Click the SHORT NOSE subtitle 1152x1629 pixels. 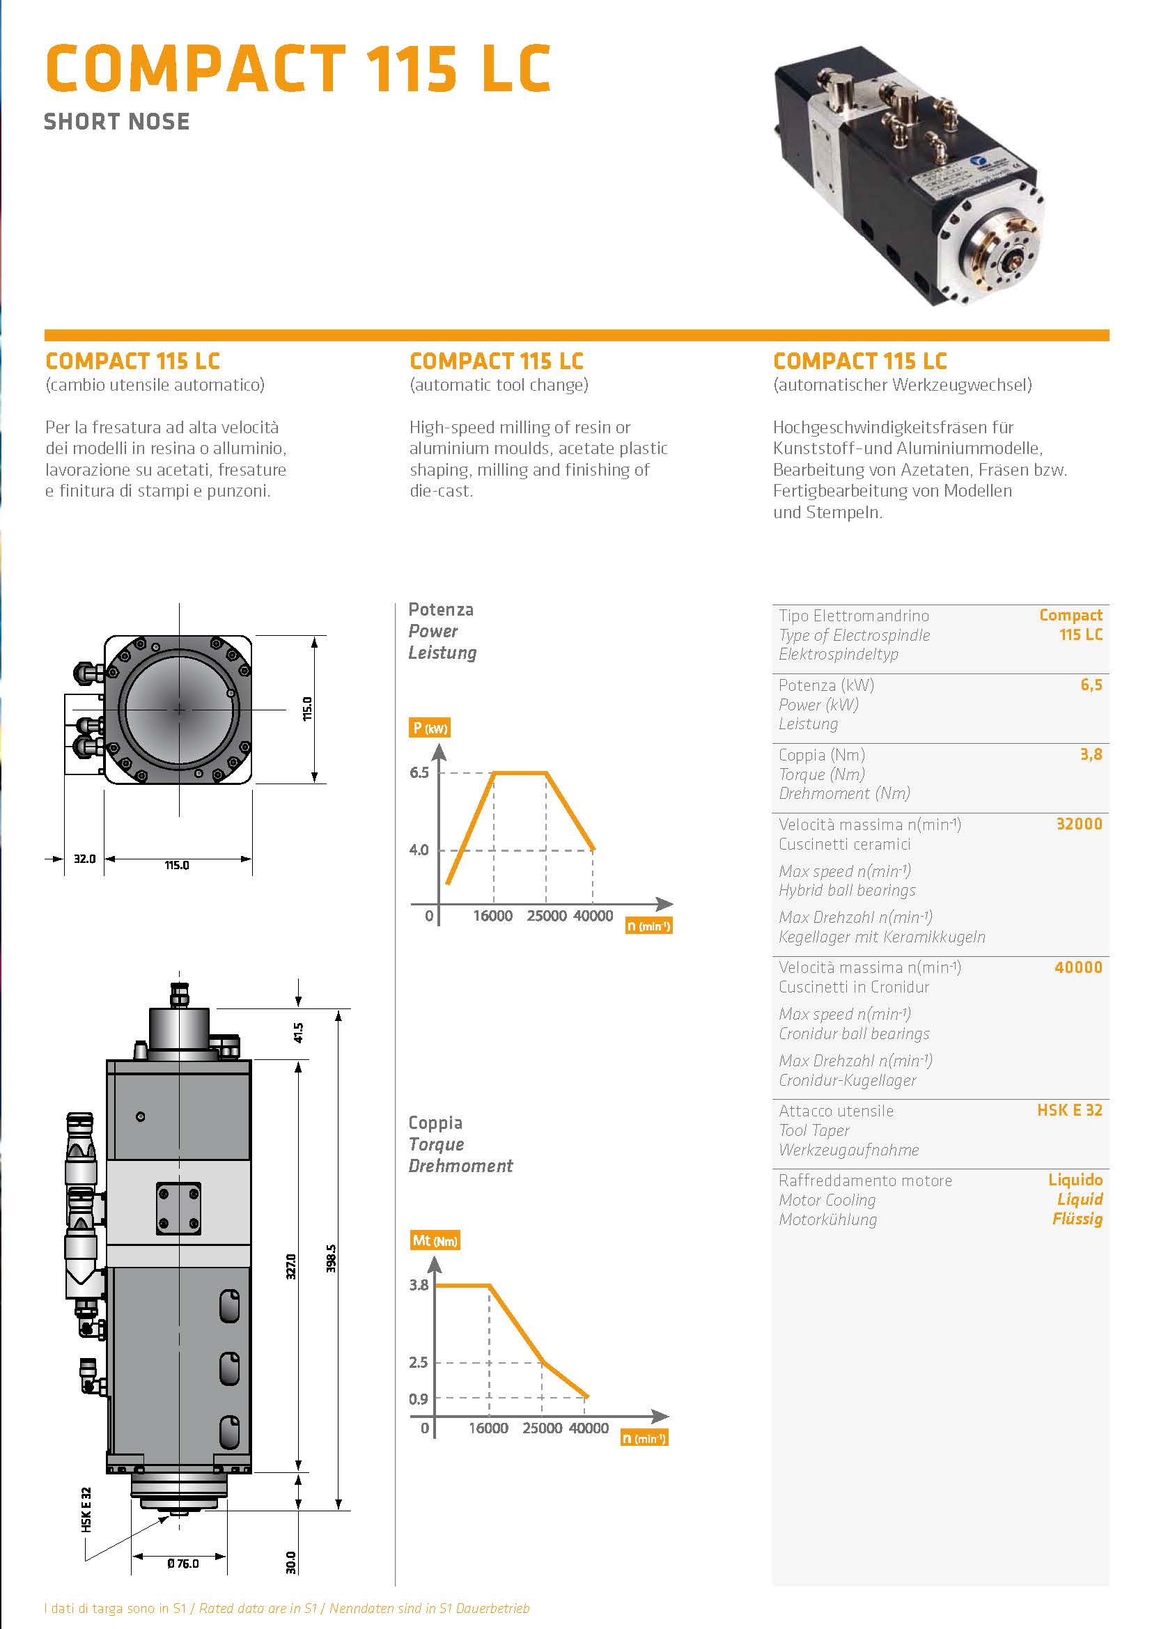[117, 121]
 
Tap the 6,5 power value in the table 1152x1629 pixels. [1091, 685]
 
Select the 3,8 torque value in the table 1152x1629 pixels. [1091, 754]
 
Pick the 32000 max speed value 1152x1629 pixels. [1079, 824]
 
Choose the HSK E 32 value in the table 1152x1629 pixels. [1069, 1110]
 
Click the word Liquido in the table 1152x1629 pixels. [1075, 1180]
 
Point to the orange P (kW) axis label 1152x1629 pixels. [429, 728]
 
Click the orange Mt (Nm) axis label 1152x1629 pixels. [435, 1241]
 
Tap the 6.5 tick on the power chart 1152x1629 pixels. [419, 772]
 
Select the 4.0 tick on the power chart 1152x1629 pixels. [419, 850]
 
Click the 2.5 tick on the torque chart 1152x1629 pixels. [419, 1362]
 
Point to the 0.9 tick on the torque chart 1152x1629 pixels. [419, 1399]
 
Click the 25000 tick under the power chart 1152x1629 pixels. [546, 916]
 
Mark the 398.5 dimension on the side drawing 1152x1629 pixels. [331, 1258]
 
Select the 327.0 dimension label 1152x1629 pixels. [291, 1266]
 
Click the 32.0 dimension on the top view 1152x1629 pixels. [84, 859]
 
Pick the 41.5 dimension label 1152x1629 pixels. [299, 1032]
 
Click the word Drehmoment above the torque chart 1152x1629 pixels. [460, 1166]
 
